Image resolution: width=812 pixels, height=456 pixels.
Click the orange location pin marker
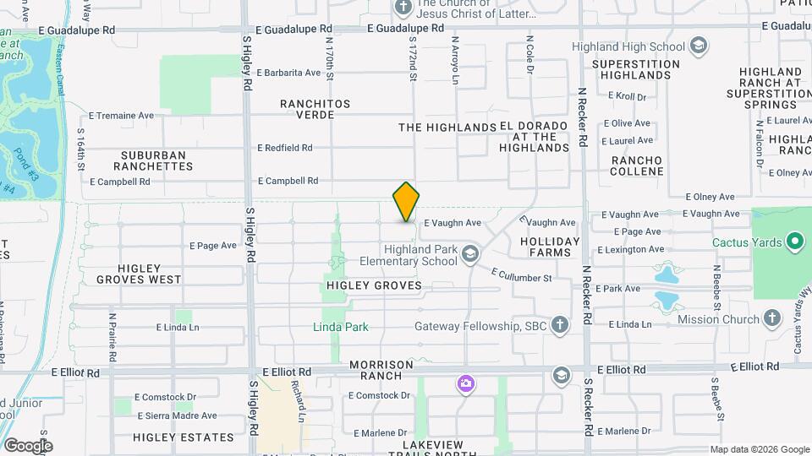(406, 201)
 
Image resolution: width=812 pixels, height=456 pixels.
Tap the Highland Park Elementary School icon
(470, 252)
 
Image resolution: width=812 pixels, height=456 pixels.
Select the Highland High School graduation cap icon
(699, 45)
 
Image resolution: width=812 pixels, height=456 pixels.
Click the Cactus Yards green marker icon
(794, 243)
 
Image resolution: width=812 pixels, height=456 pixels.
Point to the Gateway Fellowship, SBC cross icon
(559, 325)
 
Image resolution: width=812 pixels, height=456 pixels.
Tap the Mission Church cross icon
(771, 318)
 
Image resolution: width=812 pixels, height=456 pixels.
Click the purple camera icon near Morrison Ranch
(465, 384)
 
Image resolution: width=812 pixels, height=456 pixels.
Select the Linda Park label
(341, 327)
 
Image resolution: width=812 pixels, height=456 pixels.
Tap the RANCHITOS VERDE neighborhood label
(315, 109)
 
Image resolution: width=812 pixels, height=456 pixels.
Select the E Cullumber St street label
(521, 274)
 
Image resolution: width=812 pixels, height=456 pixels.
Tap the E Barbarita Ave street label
(288, 73)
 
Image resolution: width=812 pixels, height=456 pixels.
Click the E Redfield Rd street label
(285, 148)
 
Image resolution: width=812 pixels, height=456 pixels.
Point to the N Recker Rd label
(582, 118)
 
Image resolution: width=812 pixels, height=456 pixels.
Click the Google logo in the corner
(27, 445)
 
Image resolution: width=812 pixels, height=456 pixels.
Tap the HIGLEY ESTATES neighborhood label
(183, 437)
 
